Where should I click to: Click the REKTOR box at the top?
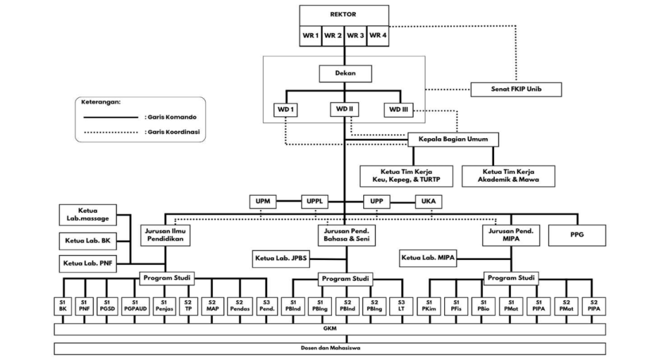pos(344,14)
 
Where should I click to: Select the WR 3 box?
pos(355,35)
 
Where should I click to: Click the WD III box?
pos(398,110)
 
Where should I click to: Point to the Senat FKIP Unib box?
pos(516,89)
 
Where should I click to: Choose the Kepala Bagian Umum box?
pos(453,139)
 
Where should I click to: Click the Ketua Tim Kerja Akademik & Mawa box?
pos(509,175)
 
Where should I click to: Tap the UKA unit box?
pos(429,202)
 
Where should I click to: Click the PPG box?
pos(577,235)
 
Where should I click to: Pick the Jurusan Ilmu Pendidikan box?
pos(165,235)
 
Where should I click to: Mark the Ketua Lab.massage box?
pos(88,216)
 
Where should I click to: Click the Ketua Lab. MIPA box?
pos(429,258)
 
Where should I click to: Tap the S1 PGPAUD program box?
pos(135,306)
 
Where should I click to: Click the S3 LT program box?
pos(401,306)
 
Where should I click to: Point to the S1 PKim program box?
pos(429,306)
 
